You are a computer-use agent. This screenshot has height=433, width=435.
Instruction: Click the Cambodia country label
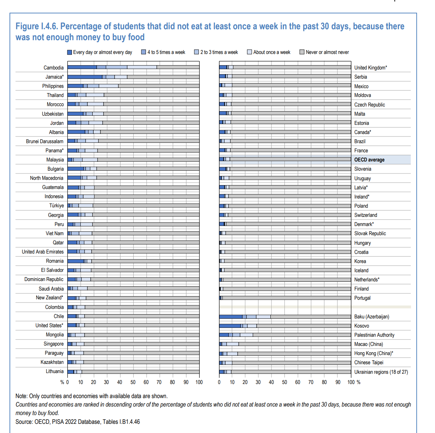54,68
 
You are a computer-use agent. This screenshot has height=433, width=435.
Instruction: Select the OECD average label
369,160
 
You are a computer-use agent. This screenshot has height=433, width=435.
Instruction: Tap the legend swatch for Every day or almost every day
69,52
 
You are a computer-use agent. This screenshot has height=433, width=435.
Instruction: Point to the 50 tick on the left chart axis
133,382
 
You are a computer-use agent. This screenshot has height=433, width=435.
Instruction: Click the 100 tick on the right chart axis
351,382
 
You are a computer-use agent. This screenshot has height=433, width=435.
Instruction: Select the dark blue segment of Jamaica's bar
85,77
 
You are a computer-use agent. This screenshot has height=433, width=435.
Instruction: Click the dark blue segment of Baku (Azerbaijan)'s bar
231,317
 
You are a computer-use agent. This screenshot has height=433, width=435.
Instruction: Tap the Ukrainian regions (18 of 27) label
381,372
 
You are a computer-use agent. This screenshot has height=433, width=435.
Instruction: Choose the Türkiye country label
56,206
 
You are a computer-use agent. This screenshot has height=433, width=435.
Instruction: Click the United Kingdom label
370,68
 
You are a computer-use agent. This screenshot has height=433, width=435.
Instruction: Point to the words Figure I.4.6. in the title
37,26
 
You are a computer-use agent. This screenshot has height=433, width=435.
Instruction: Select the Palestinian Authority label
374,335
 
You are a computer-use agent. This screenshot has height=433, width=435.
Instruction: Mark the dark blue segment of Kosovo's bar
230,326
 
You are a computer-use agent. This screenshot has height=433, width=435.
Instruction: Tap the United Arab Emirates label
43,252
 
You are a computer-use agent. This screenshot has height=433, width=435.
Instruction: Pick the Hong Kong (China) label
373,353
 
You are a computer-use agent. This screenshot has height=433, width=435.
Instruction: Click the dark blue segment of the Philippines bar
75,86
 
